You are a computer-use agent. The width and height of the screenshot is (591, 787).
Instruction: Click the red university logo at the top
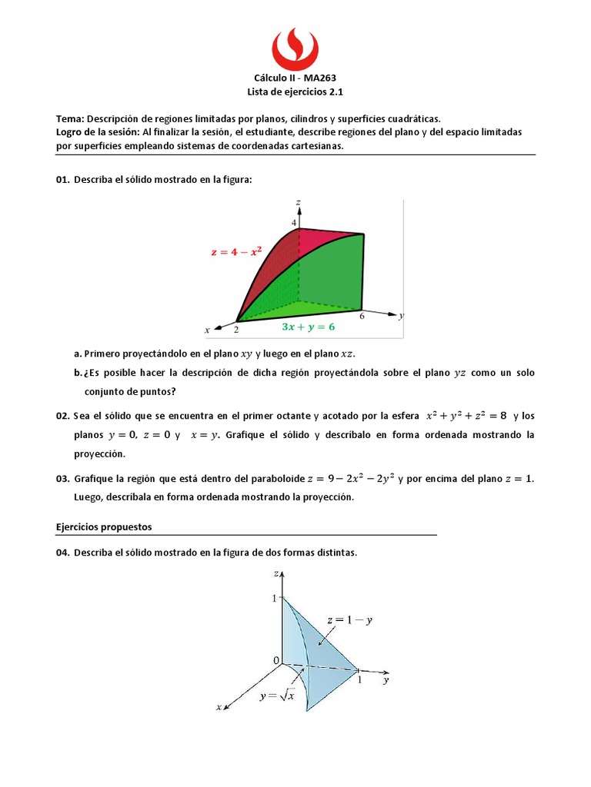[x=295, y=47]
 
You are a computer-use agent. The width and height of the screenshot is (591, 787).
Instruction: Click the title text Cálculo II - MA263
[x=295, y=78]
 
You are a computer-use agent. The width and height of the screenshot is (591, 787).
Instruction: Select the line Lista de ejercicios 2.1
[x=295, y=91]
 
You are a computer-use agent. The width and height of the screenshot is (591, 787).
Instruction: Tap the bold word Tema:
[x=70, y=119]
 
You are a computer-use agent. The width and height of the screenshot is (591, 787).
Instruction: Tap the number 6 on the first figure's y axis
[x=361, y=315]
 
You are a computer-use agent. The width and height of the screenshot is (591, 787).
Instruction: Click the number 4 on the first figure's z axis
[x=293, y=223]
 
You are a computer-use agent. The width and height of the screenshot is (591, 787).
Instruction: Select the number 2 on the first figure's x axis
[x=236, y=329]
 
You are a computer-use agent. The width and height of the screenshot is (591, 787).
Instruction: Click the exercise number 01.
[x=62, y=179]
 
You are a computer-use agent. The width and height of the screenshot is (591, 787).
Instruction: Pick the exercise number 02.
[x=62, y=416]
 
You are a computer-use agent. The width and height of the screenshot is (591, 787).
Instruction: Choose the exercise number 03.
[x=62, y=479]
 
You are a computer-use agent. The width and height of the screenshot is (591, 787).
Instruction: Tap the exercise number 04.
[x=62, y=553]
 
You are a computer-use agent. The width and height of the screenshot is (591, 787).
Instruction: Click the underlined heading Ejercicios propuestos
[x=104, y=527]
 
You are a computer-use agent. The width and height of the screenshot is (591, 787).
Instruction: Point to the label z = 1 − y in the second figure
[x=349, y=620]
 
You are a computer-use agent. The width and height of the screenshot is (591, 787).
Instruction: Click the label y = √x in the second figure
[x=277, y=696]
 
